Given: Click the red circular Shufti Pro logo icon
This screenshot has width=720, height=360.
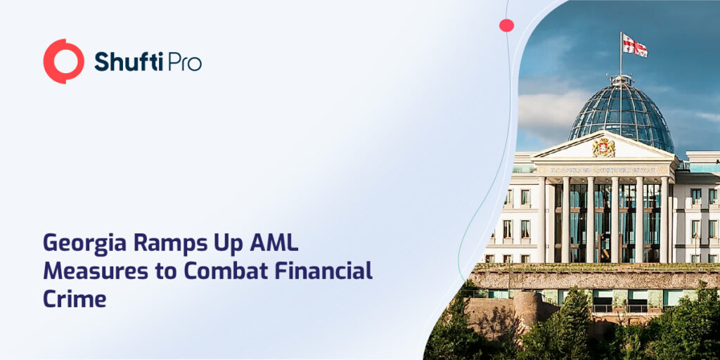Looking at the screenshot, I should pyautogui.click(x=63, y=61).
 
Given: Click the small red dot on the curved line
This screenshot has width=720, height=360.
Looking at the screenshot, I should pyautogui.click(x=506, y=25).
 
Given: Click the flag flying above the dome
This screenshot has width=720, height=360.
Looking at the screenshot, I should pyautogui.click(x=634, y=46).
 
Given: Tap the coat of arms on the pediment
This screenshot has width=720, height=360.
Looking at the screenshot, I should pyautogui.click(x=603, y=148).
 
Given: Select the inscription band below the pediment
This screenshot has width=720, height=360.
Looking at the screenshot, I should pyautogui.click(x=603, y=169).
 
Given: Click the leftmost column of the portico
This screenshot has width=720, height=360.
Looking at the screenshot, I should pyautogui.click(x=542, y=219).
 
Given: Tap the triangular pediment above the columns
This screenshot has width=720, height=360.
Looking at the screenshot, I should pyautogui.click(x=603, y=146).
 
